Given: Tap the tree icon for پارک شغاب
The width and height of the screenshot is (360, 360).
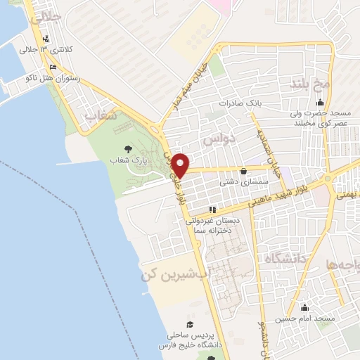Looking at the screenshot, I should click(x=127, y=148).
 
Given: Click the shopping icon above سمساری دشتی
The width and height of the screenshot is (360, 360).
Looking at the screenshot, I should click(x=243, y=171).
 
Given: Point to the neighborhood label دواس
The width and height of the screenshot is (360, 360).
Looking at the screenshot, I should click(x=218, y=140).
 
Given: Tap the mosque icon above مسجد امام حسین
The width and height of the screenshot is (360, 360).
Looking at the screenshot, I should click(x=304, y=307).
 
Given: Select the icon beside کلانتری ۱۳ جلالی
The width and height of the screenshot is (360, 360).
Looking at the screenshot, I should click(x=46, y=39).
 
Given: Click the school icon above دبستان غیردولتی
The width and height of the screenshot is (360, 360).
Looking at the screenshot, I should click(x=212, y=210).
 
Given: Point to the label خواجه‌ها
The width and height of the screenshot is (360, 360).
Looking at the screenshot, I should click(x=343, y=265).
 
